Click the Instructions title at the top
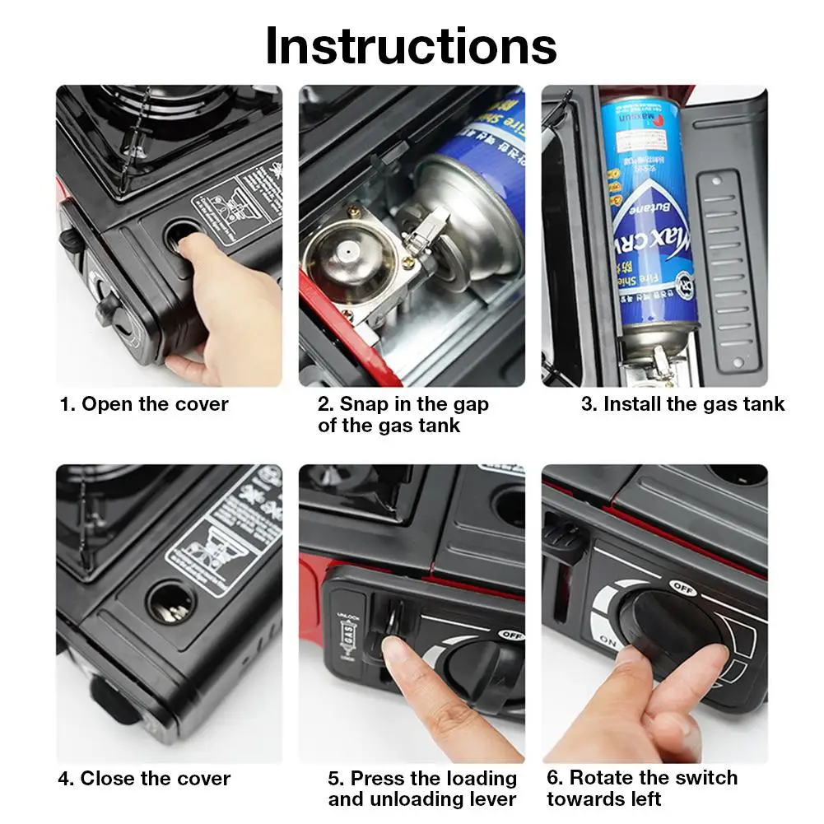[x=411, y=46]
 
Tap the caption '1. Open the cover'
[x=144, y=404]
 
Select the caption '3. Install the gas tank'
[x=682, y=404]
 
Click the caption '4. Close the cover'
[x=144, y=778]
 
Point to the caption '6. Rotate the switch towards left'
[x=642, y=788]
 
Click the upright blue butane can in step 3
[x=649, y=214]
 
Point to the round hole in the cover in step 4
[x=169, y=605]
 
